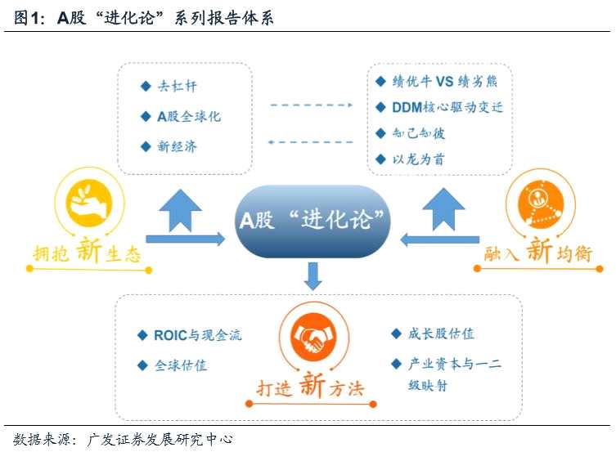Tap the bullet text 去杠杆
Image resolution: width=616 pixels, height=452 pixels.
click(178, 85)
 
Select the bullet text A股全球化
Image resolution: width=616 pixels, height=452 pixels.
click(189, 116)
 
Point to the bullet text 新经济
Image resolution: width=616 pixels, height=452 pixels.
click(178, 147)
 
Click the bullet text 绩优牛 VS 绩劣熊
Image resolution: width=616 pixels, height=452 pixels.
click(443, 81)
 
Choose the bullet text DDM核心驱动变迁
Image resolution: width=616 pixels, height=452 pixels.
click(447, 107)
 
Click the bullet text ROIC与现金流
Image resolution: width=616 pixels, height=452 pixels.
click(197, 335)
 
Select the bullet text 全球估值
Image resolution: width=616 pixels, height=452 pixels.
click(181, 365)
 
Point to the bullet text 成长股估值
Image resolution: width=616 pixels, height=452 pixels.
click(441, 333)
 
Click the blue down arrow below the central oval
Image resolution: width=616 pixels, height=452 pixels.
click(312, 277)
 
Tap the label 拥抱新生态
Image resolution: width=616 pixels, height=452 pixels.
click(87, 253)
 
